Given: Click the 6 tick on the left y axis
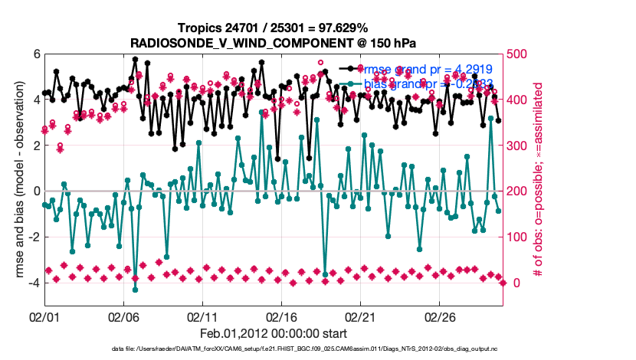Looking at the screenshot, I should point(36,54).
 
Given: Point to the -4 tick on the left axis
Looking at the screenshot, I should point(33,283).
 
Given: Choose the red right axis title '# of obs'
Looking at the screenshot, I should point(539,180).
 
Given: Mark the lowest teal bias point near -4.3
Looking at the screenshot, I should point(136,290).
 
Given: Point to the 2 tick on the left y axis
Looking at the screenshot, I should point(36,146).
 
